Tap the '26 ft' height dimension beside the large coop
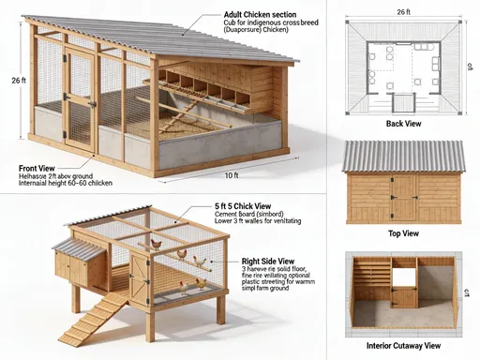18,82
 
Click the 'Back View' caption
403,123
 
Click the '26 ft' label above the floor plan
403,11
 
